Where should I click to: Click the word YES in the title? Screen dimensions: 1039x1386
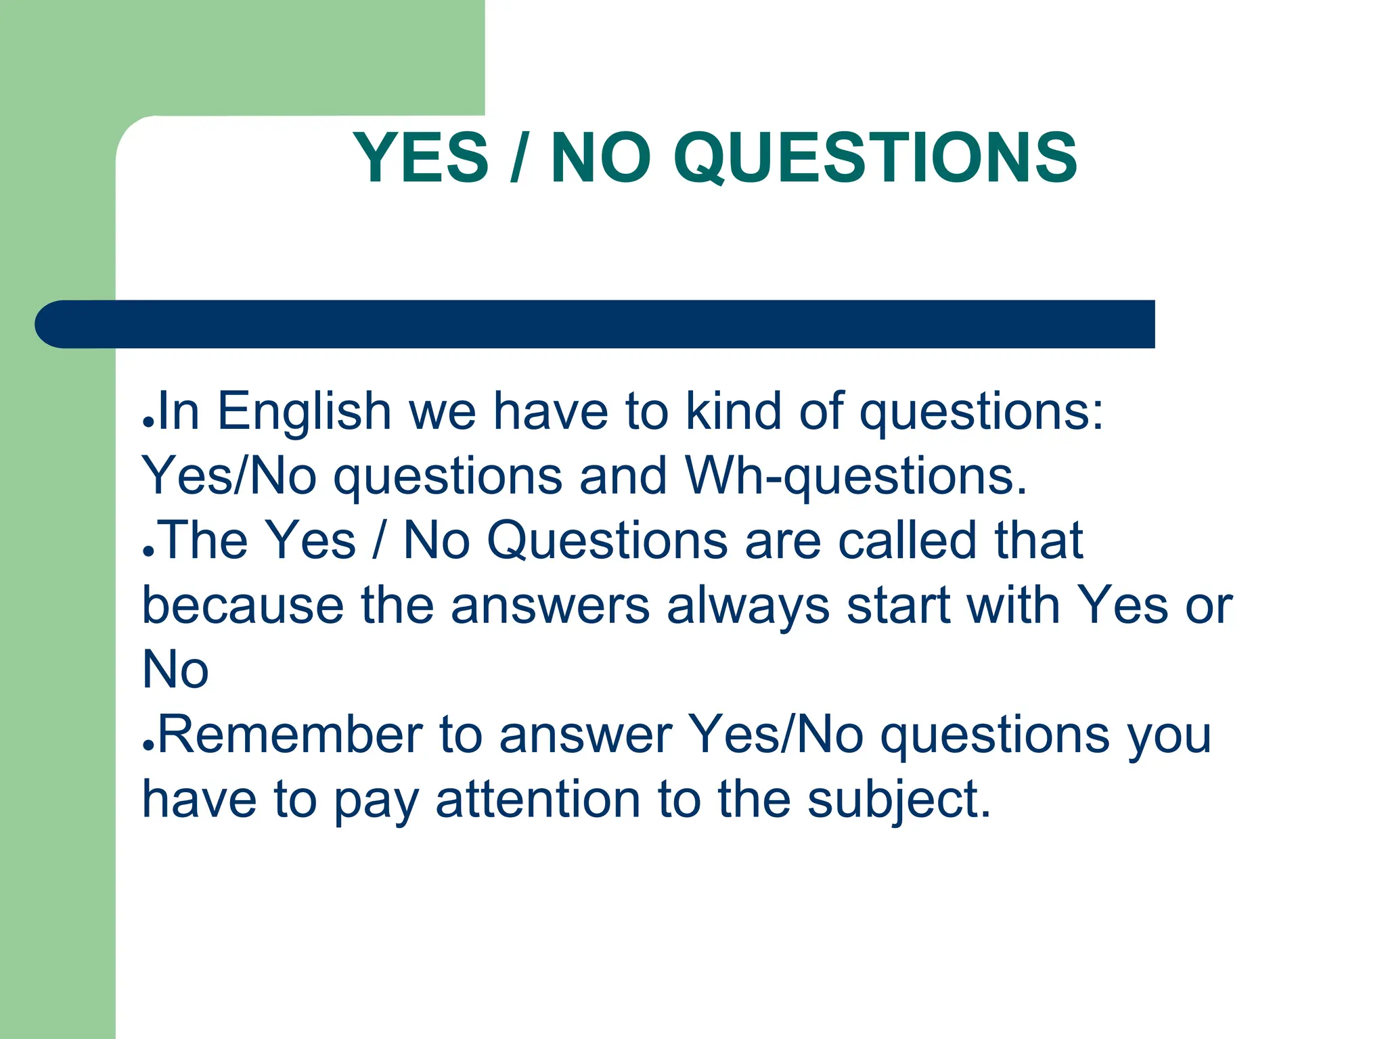click(420, 158)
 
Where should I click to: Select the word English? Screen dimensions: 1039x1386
click(304, 413)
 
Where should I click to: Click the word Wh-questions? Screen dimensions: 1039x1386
click(855, 476)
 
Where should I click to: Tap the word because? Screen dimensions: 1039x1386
click(243, 605)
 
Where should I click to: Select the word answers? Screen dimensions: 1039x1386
click(550, 605)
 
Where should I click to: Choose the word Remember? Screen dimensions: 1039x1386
click(290, 735)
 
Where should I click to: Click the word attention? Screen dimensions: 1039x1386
click(538, 800)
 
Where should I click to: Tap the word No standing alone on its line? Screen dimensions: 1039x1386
click(175, 670)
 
